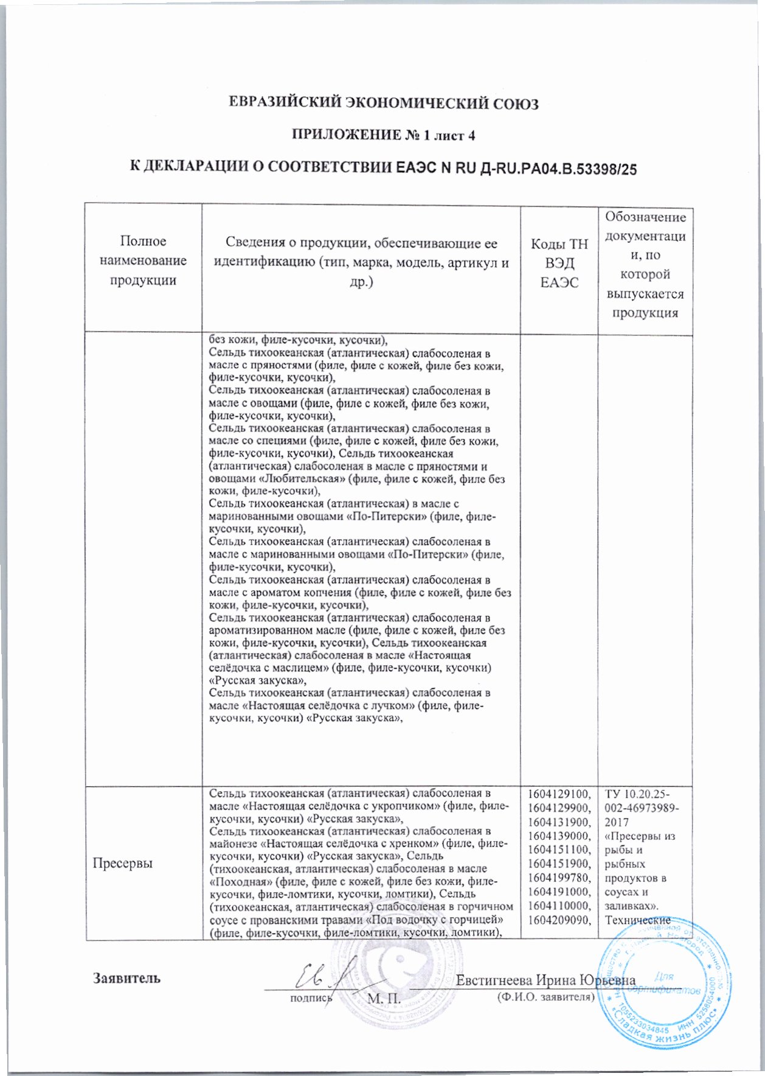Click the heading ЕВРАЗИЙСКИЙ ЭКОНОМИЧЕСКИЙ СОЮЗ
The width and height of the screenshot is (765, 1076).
point(383,103)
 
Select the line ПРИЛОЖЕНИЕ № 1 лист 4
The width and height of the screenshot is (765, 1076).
point(383,135)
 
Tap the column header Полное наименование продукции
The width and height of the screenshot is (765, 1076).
point(144,260)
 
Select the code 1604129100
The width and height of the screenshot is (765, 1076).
point(559,794)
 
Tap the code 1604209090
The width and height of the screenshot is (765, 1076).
point(559,919)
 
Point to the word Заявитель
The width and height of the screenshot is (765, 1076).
point(126,978)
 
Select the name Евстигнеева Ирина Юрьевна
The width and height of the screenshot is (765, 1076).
point(545,980)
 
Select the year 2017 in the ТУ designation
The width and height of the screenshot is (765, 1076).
point(617,822)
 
